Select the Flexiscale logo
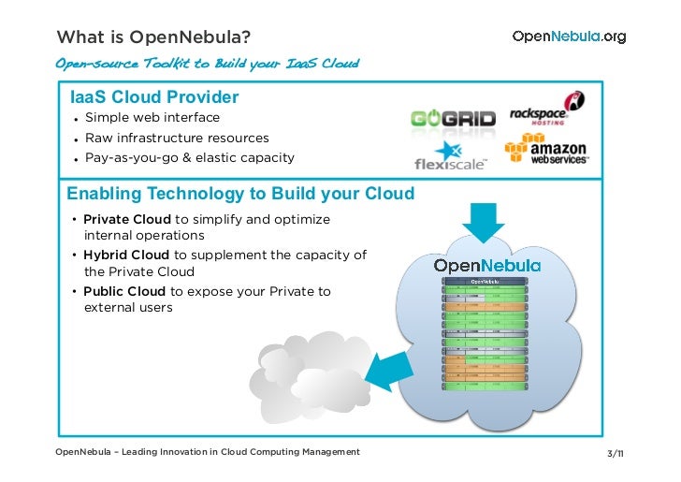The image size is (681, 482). click(450, 156)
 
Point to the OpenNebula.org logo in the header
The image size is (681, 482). click(569, 37)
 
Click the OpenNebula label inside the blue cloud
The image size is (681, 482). click(486, 266)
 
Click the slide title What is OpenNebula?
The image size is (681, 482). click(153, 37)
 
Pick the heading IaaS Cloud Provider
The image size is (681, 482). click(154, 97)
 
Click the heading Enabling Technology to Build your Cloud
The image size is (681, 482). click(240, 195)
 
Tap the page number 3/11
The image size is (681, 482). click(616, 454)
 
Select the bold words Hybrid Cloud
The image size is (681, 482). click(126, 255)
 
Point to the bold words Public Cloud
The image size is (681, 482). click(123, 291)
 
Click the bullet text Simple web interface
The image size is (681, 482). click(152, 118)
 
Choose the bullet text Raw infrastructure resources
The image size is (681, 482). click(177, 138)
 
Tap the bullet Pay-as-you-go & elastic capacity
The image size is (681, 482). click(189, 157)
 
